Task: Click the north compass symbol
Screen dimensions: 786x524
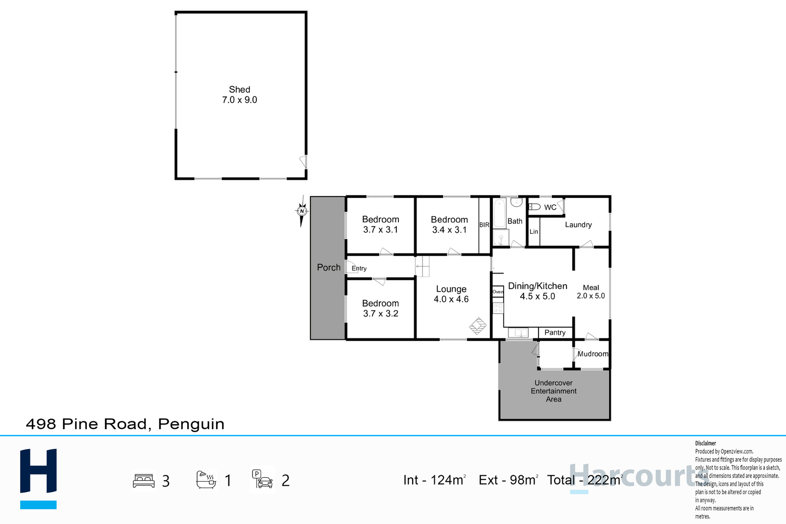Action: point(302,211)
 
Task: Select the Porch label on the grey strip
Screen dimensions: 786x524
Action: point(329,268)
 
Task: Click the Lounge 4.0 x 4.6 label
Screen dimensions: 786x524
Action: point(451,294)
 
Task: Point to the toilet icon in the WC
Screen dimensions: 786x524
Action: point(534,207)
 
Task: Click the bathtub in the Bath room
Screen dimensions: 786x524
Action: point(499,213)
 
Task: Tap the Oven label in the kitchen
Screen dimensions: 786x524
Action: point(498,292)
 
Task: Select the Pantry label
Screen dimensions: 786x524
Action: point(555,332)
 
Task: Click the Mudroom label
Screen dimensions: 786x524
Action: point(592,354)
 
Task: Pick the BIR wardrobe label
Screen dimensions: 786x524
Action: point(484,225)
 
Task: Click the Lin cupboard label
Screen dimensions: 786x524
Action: point(533,231)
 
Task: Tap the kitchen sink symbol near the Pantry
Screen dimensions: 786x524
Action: point(518,332)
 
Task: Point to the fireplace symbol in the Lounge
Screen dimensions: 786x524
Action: point(477,326)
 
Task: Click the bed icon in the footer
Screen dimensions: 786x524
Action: point(143,481)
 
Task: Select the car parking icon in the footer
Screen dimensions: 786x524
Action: point(262,479)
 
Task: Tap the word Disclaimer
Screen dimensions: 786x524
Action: point(705,443)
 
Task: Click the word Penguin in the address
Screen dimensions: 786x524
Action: point(191,424)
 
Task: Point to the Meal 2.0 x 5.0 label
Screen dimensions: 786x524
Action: point(591,292)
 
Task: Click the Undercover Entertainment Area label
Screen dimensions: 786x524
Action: point(554,391)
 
